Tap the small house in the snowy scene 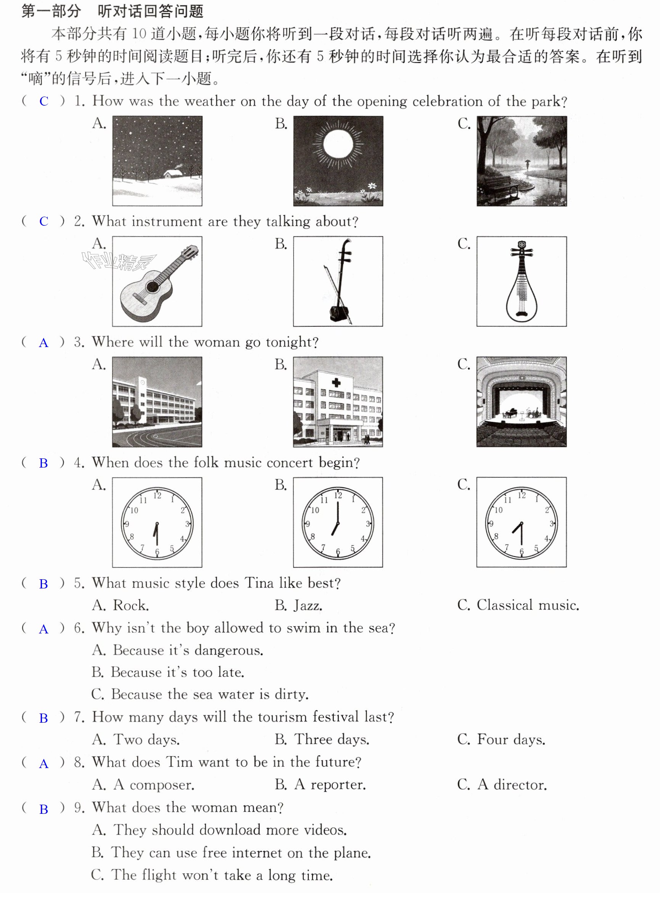coord(172,174)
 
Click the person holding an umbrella coord(527,164)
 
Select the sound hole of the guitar coord(153,287)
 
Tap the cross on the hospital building coord(336,382)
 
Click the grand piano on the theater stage coord(509,413)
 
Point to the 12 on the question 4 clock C coord(522,496)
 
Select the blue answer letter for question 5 coord(43,584)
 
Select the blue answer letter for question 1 coord(43,101)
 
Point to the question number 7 coord(79,717)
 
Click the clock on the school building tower coord(142,382)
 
